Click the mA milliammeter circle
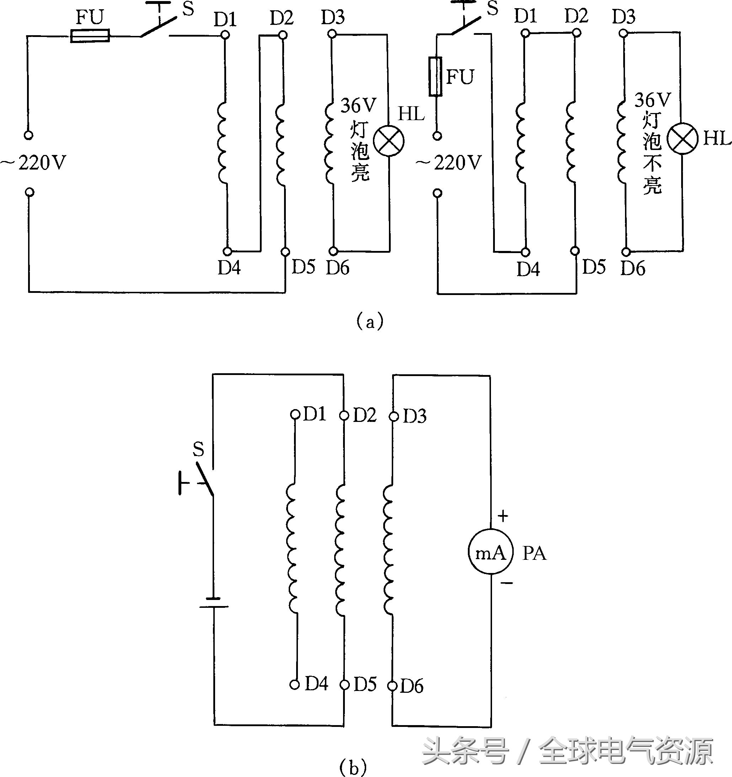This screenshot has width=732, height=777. pos(490,553)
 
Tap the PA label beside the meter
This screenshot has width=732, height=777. pos(534,553)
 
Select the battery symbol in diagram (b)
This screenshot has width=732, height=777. pos(214,602)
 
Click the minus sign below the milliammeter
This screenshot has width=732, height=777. pos(507,583)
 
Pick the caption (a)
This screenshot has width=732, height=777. pos(370,321)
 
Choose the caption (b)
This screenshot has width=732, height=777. pos(353,766)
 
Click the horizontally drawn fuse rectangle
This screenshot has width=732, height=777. pos(90,36)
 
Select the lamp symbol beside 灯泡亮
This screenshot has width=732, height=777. pos(389,141)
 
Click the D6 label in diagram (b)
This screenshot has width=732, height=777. pos(412,686)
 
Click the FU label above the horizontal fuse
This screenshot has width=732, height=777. pos(90,17)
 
